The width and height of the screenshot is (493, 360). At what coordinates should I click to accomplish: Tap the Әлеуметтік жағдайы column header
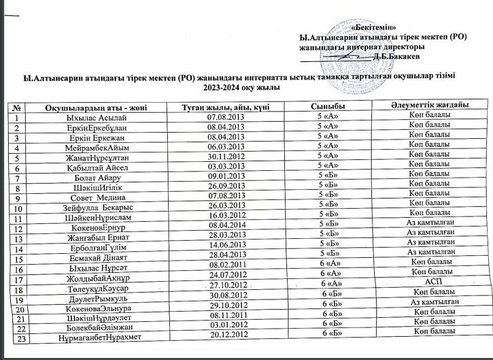[430, 105]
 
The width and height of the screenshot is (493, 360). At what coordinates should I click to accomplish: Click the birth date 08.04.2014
[224, 224]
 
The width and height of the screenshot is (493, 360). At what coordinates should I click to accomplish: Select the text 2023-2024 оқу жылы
[244, 86]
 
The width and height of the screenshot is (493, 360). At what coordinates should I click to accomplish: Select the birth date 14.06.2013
[224, 244]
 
